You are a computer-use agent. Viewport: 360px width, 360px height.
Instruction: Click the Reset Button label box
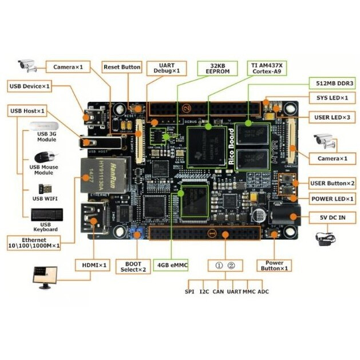tap(122, 67)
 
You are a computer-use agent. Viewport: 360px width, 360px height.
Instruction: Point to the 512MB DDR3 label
tap(331, 82)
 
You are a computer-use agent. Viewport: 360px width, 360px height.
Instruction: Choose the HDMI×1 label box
tap(92, 266)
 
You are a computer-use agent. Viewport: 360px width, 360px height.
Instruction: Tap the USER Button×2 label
tap(333, 183)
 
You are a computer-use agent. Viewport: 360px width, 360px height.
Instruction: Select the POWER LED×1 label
tap(333, 199)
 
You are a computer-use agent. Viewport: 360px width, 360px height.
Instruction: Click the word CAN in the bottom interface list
tap(219, 292)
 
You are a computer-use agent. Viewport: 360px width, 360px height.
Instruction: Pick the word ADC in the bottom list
tap(263, 292)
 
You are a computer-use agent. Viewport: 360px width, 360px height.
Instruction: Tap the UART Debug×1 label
tap(167, 68)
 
